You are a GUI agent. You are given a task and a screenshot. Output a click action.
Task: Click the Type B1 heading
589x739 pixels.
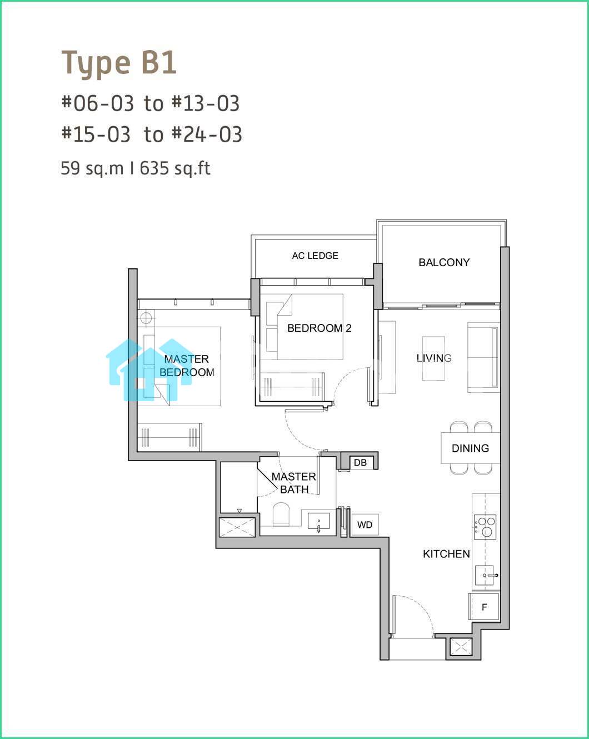pos(118,63)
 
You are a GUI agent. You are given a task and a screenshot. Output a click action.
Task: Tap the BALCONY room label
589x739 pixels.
pos(444,262)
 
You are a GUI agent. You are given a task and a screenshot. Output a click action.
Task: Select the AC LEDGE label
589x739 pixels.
pos(315,256)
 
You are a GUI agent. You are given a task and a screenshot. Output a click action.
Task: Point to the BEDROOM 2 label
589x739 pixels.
pos(320,328)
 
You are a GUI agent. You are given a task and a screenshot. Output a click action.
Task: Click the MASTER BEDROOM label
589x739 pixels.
pos(187,366)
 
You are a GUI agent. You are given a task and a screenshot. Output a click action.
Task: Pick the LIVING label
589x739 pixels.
pos(434,358)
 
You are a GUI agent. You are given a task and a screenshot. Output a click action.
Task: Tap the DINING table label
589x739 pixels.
pos(470,448)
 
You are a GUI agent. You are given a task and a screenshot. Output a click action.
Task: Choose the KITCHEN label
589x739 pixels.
pos(446,553)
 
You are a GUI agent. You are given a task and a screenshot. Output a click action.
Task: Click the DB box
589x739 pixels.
pos(360,462)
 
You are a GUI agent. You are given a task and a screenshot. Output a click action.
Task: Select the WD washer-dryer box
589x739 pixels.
pos(365,525)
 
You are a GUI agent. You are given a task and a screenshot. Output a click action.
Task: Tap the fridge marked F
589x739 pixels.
pos(484,607)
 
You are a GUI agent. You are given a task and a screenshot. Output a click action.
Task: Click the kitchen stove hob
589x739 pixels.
pos(485,527)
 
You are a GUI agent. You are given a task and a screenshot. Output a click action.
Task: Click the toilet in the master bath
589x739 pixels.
pos(281,514)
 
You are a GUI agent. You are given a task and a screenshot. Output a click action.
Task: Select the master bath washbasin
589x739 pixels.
pos(318,521)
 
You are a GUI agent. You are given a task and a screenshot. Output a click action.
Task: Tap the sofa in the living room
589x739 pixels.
pos(483,357)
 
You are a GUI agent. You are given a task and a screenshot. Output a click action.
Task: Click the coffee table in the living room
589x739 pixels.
pos(433,358)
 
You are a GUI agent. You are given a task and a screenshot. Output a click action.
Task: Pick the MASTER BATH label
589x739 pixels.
pos(294,483)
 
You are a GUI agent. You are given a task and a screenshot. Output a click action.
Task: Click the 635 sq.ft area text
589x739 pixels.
pos(175,168)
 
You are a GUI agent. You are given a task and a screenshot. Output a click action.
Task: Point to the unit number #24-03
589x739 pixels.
pos(207,134)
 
